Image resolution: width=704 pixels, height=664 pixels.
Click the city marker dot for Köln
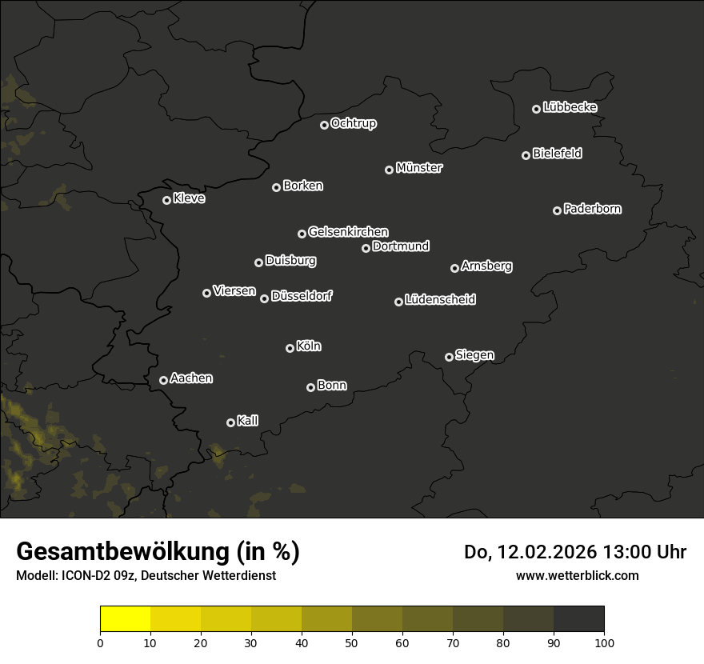tap(290, 348)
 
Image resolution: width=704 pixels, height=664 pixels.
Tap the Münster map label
tap(418, 168)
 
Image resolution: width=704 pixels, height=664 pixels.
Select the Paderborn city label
tap(592, 209)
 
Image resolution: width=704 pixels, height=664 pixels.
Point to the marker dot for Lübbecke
tap(536, 109)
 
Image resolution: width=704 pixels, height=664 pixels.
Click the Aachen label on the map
tap(191, 378)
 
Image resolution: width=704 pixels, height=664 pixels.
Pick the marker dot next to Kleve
tap(166, 200)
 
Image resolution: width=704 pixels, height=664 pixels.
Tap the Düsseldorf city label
tap(302, 296)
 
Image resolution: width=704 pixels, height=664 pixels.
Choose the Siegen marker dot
tap(449, 357)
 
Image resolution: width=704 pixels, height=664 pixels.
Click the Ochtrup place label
tap(353, 123)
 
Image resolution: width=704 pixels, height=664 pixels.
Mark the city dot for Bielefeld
tap(526, 155)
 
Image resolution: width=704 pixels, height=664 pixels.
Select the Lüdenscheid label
tap(440, 300)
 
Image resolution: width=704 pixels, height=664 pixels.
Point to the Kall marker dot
tap(230, 422)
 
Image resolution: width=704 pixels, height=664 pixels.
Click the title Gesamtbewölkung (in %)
tap(158, 552)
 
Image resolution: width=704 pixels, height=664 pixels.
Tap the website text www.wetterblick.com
tap(577, 575)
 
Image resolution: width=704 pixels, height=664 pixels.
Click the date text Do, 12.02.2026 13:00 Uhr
tap(574, 552)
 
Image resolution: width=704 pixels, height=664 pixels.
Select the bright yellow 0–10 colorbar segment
tap(125, 619)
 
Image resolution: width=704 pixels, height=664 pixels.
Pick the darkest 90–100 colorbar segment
tap(578, 619)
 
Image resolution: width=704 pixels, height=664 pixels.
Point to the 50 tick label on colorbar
tap(352, 642)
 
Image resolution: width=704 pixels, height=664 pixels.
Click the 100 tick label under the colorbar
tap(604, 642)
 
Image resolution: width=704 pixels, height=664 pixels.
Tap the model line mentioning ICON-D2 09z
tap(146, 576)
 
